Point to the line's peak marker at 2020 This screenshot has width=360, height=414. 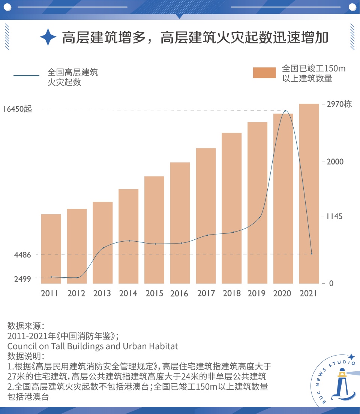pyautogui.click(x=286, y=111)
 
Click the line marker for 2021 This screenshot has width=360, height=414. pyautogui.click(x=311, y=254)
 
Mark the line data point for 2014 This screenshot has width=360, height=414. pyautogui.click(x=129, y=241)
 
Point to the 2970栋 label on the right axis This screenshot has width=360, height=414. pyautogui.click(x=339, y=104)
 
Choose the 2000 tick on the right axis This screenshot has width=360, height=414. pyautogui.click(x=335, y=162)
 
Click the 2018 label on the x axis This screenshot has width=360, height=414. pyautogui.click(x=231, y=293)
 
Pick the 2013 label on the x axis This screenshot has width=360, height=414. pyautogui.click(x=102, y=293)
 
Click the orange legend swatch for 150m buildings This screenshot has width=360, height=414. pyautogui.click(x=264, y=73)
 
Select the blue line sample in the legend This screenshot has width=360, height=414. pyautogui.click(x=26, y=76)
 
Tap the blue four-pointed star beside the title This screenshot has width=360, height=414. pyautogui.click(x=48, y=37)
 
